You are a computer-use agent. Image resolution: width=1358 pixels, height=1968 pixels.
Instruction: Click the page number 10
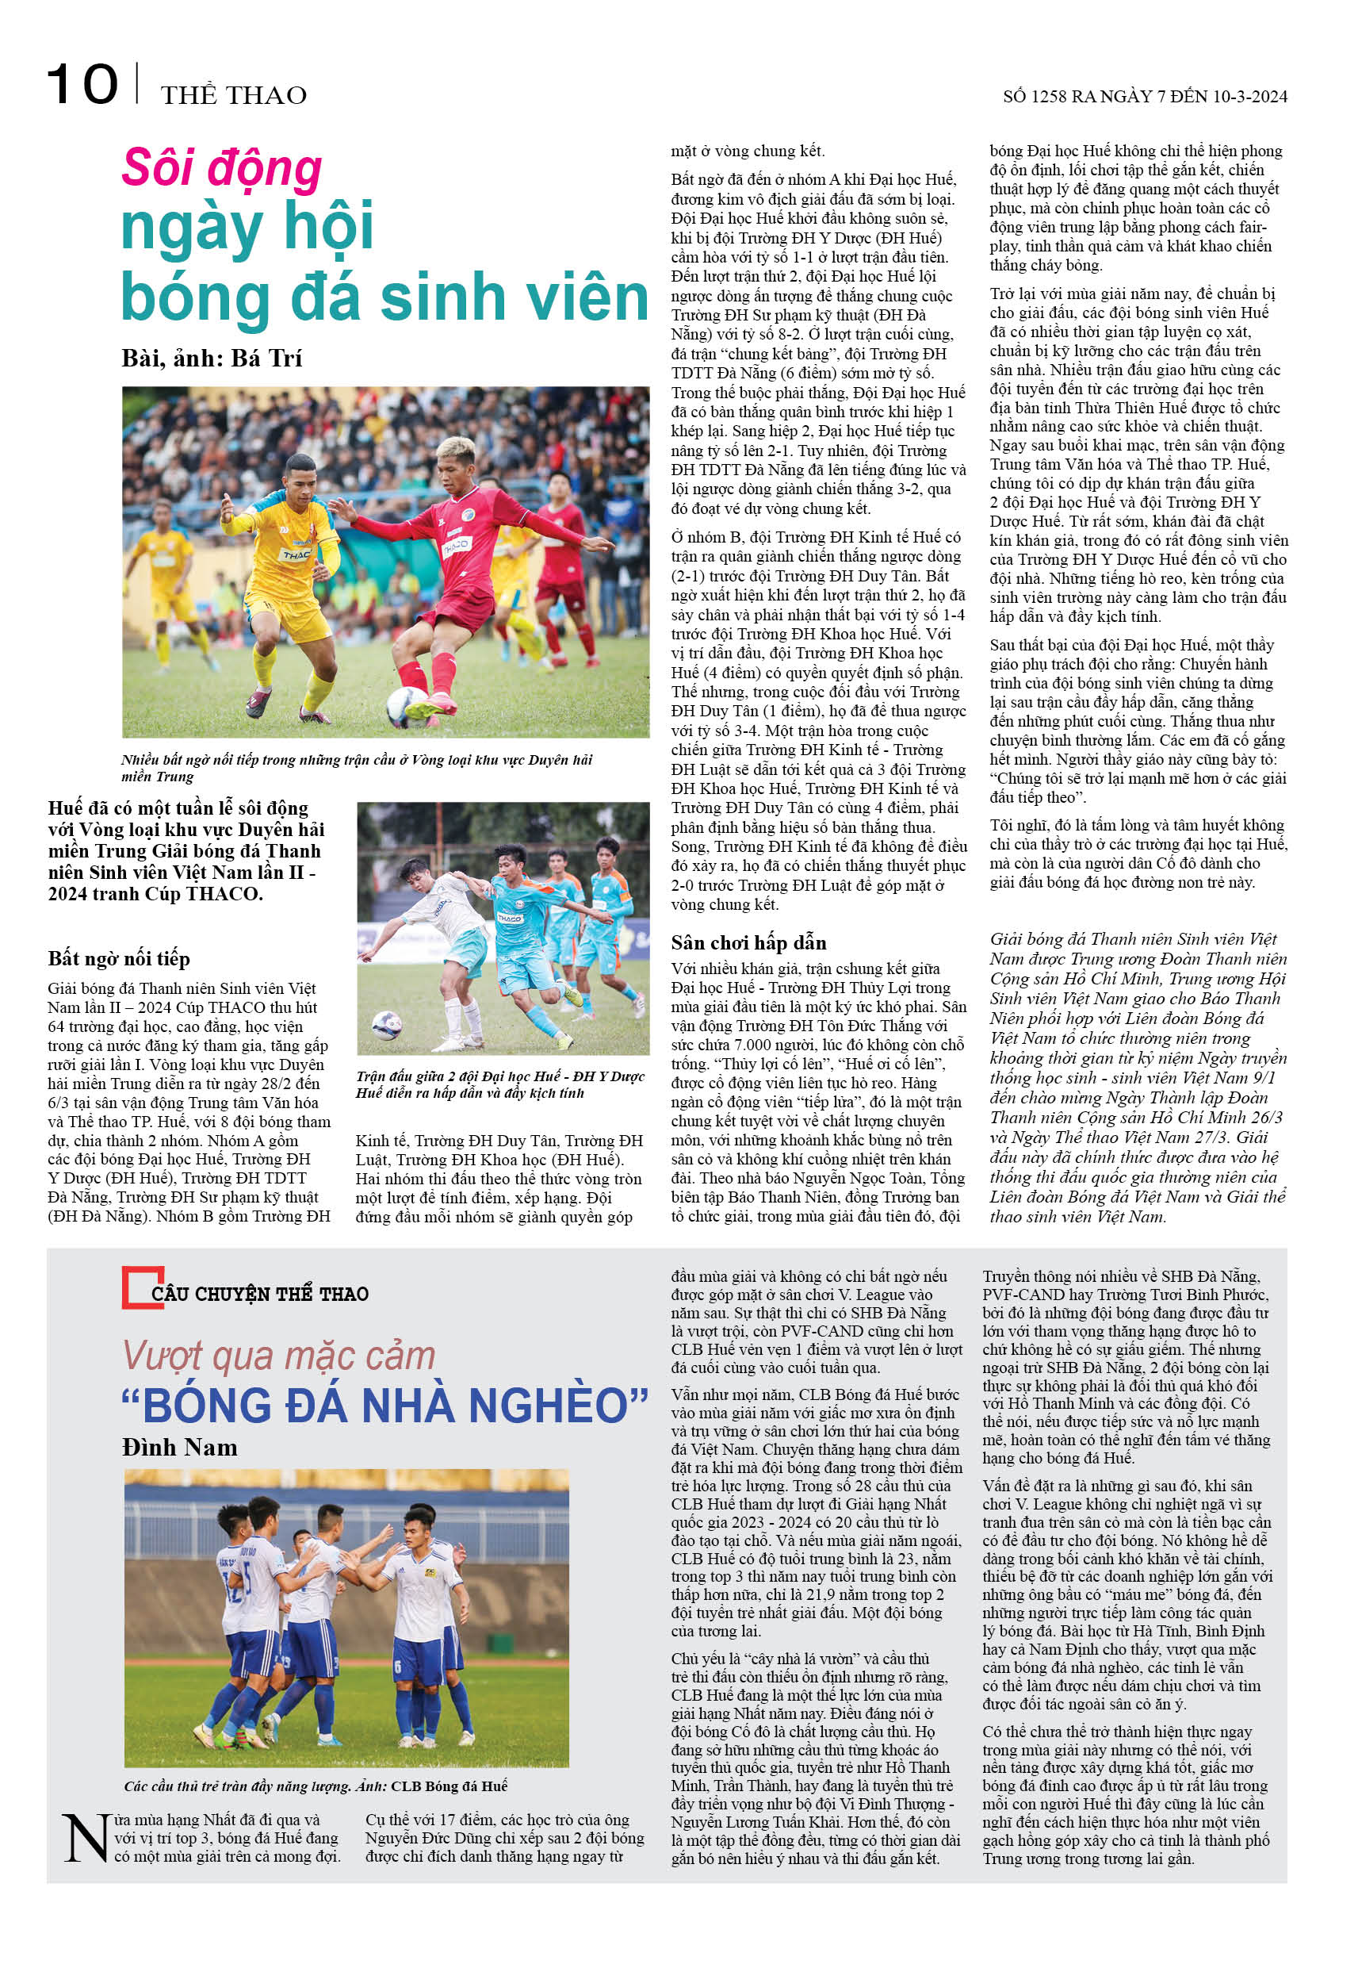coord(82,85)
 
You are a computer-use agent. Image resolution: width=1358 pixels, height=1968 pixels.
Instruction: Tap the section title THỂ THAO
coord(233,95)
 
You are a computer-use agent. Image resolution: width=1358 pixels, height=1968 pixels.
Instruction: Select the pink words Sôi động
coord(222,167)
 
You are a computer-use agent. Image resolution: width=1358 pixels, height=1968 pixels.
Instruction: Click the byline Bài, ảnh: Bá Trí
coord(212,359)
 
